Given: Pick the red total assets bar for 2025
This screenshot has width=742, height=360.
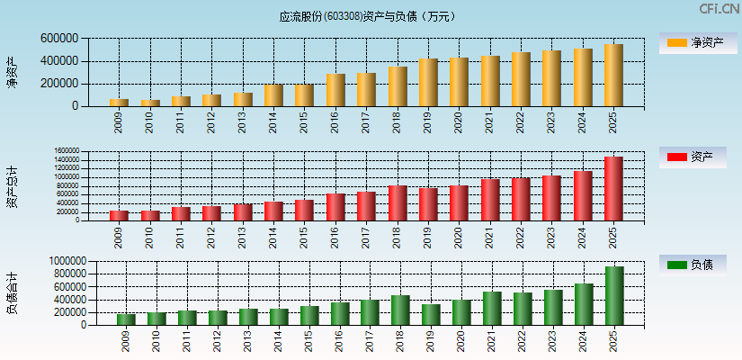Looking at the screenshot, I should coord(613,189).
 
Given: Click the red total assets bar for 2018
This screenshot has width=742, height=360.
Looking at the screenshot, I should coord(398,202).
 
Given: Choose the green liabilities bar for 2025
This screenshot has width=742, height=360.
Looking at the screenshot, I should coord(614,295).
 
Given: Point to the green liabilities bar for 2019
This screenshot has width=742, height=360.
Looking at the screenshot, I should coord(431,314).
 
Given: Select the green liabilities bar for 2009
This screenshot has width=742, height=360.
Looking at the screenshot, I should coord(126,319).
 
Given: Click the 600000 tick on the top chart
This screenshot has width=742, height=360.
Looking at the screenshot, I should coord(58,39).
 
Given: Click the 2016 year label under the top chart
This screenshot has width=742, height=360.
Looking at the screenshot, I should coord(335,121).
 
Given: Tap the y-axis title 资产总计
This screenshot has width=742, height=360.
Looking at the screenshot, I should coord(12,186).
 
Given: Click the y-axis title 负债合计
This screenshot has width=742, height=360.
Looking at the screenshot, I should coord(12,293).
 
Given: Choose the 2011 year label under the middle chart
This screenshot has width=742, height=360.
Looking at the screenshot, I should coord(181,236).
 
